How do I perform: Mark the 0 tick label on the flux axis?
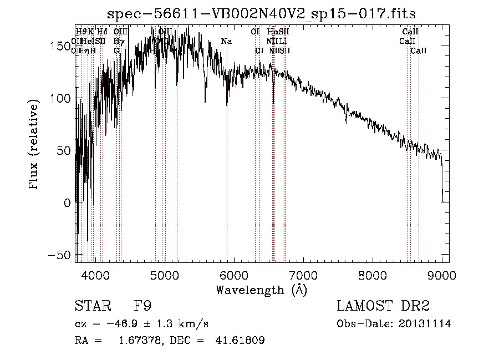(x=65, y=202)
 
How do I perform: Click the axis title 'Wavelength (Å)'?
(x=261, y=290)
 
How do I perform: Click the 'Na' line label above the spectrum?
(x=226, y=41)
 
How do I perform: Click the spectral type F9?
(x=142, y=306)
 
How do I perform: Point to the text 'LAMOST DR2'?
(x=383, y=306)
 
